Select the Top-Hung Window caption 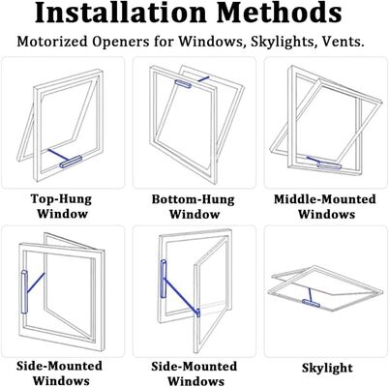click(x=62, y=206)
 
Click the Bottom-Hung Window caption click(x=194, y=206)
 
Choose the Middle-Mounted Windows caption click(x=324, y=206)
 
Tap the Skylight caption click(x=325, y=368)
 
